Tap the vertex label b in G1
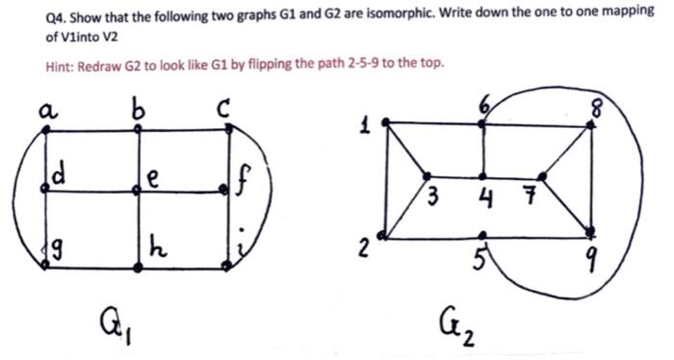point(141,109)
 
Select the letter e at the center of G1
point(153,179)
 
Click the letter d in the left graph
point(59,177)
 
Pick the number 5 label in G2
point(481,256)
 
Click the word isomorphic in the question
point(370,18)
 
